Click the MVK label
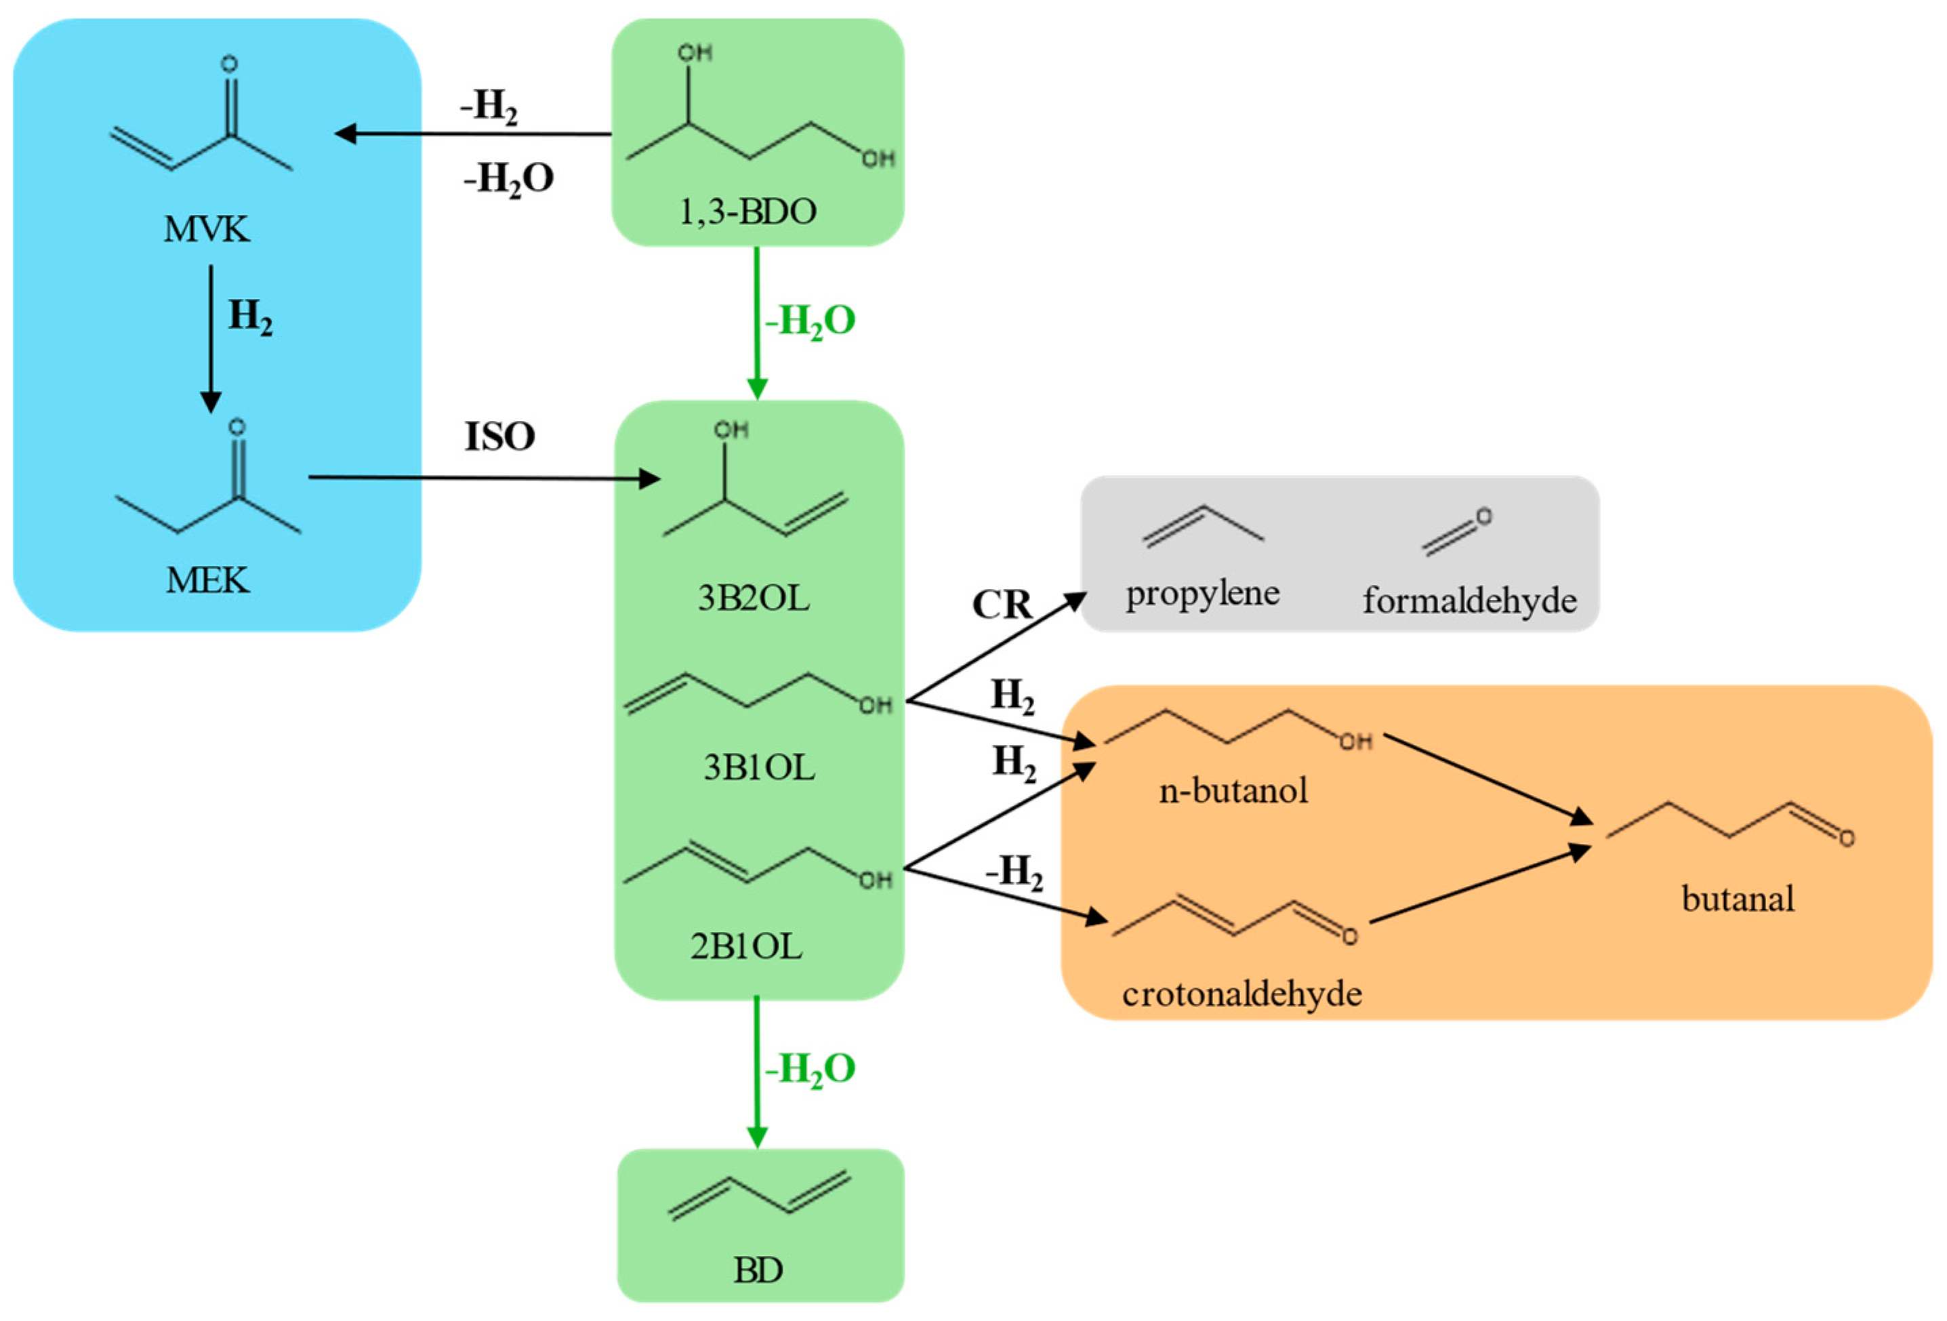click(206, 228)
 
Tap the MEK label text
click(207, 580)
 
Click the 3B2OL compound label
click(753, 598)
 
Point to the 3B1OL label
click(758, 767)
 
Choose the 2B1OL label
click(745, 947)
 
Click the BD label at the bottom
click(758, 1271)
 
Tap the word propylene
click(1202, 594)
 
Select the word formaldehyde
click(1469, 601)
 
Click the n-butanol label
click(1232, 790)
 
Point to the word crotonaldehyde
click(1242, 994)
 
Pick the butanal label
click(1738, 899)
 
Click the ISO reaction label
click(499, 436)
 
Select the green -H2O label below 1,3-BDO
click(810, 321)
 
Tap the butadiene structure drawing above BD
click(759, 1196)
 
